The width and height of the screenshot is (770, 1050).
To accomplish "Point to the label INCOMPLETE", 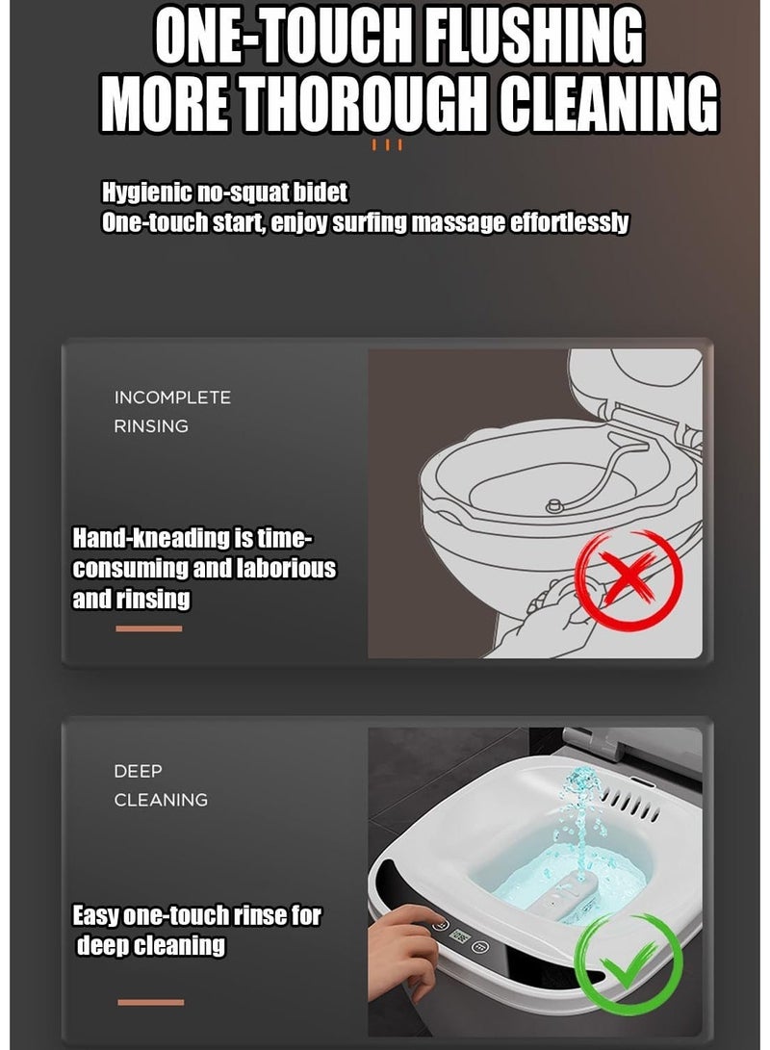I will pos(172,397).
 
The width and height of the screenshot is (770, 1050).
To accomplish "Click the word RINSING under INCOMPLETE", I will pos(151,425).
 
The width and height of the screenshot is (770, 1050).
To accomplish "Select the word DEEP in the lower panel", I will pos(139,771).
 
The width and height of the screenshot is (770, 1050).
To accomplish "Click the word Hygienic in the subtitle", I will pos(146,192).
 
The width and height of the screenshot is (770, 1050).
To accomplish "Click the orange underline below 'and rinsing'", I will pos(148,629).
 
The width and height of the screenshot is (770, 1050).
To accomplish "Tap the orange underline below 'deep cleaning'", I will pos(149,1003).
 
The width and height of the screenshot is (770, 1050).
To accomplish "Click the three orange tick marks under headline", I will pos(387,146).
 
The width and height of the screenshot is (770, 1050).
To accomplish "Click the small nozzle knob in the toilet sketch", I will pos(555,505).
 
